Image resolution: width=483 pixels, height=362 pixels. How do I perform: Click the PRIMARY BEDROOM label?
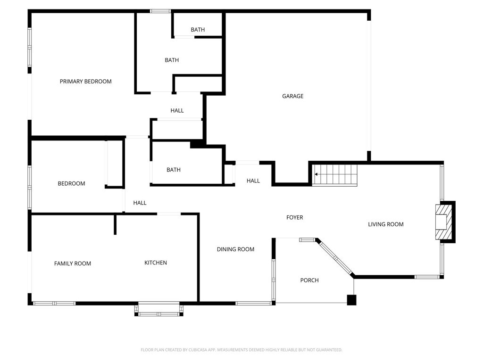click(x=85, y=82)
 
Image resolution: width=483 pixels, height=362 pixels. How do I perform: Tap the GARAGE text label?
click(x=292, y=96)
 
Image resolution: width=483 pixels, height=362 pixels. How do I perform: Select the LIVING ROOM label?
click(x=385, y=224)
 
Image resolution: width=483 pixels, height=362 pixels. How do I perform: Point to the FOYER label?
click(x=294, y=217)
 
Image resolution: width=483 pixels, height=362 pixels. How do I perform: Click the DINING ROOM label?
click(x=235, y=249)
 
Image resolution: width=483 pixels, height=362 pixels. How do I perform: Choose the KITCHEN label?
click(x=155, y=263)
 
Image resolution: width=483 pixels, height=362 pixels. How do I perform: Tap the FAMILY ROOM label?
click(x=72, y=263)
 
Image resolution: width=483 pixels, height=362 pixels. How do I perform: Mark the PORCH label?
click(x=309, y=280)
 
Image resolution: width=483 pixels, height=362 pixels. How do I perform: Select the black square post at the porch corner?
click(x=351, y=300)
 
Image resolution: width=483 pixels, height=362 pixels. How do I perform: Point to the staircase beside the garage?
click(x=335, y=175)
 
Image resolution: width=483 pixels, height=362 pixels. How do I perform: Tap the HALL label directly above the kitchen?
click(x=140, y=203)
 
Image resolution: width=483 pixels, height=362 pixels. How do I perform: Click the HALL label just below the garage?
click(x=253, y=181)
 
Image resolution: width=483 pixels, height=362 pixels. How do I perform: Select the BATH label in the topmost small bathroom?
click(x=198, y=30)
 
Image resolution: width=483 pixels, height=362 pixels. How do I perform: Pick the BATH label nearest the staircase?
click(x=173, y=170)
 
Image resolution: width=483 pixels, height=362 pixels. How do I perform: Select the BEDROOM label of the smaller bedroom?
click(x=71, y=183)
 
